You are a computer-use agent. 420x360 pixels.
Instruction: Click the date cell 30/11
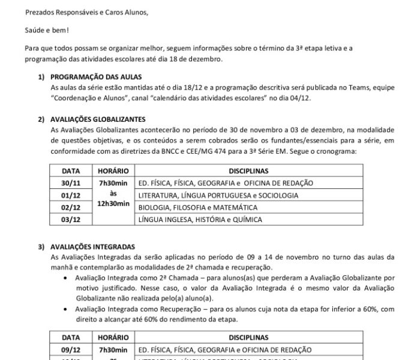[x=71, y=183]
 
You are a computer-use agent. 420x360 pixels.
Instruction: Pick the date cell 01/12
[x=71, y=195]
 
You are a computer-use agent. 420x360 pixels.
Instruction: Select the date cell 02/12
[x=71, y=207]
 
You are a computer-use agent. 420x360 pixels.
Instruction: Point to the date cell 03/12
[x=71, y=220]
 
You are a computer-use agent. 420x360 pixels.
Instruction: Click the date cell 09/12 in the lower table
[x=71, y=349]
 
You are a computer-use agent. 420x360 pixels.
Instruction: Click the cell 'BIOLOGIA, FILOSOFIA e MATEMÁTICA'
[x=206, y=207]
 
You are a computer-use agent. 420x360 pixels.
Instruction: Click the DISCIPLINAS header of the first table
[x=248, y=171]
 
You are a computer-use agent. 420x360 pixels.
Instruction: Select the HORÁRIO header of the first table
[x=113, y=171]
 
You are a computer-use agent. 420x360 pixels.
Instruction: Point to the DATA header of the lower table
[x=71, y=337]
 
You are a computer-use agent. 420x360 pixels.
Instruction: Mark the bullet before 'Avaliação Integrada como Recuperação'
[x=65, y=308]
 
